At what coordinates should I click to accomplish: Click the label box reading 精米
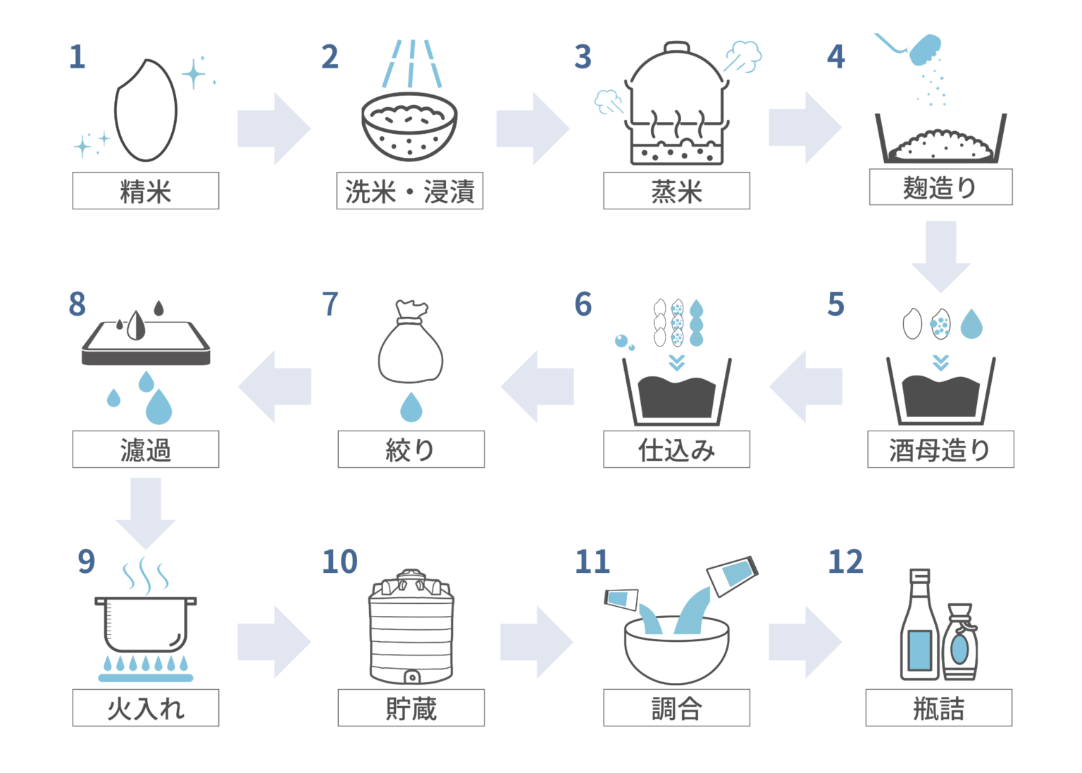pyautogui.click(x=145, y=191)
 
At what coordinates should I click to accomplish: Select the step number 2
pyautogui.click(x=330, y=57)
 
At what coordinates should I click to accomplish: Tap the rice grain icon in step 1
pyautogui.click(x=145, y=110)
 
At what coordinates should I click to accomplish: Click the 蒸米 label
pyautogui.click(x=676, y=191)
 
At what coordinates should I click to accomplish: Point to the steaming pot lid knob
pyautogui.click(x=676, y=47)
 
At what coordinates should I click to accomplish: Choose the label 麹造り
pyautogui.click(x=940, y=187)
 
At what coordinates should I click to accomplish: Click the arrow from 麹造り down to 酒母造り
pyautogui.click(x=940, y=256)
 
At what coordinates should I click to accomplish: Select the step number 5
pyautogui.click(x=835, y=304)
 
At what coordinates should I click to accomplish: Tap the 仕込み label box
pyautogui.click(x=676, y=450)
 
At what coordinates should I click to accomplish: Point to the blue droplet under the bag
pyautogui.click(x=411, y=407)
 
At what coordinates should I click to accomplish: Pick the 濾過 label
pyautogui.click(x=145, y=450)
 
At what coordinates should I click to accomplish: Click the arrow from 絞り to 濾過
pyautogui.click(x=274, y=386)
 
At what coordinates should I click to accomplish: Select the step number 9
pyautogui.click(x=87, y=562)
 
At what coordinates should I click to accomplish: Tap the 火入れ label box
pyautogui.click(x=145, y=707)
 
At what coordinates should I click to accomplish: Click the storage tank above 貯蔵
pyautogui.click(x=411, y=626)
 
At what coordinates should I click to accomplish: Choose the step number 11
pyautogui.click(x=592, y=562)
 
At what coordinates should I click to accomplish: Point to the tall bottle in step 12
pyautogui.click(x=920, y=624)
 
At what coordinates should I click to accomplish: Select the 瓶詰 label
pyautogui.click(x=938, y=707)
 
